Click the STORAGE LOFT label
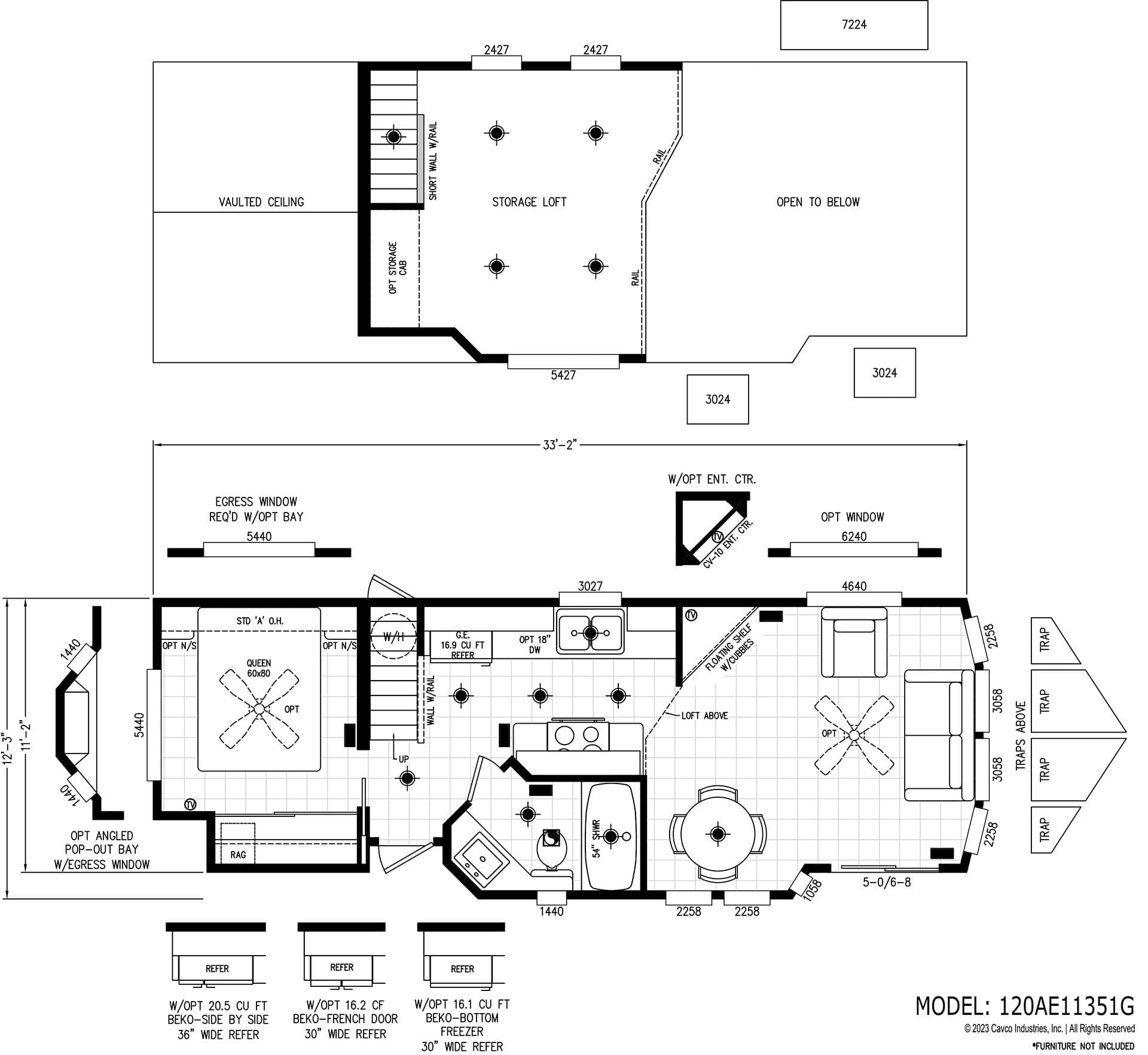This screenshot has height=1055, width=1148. coord(529,202)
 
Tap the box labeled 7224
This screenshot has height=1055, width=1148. coord(853,25)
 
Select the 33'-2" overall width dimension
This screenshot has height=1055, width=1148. coord(559,445)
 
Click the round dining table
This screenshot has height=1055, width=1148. coord(717,834)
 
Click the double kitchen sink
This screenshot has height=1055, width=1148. coord(590,633)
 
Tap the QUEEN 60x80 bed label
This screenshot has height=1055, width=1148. coord(258,668)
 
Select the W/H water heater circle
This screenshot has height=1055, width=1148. coord(394,638)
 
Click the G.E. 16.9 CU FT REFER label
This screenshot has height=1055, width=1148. coord(462,645)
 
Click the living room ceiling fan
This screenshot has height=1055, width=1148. coord(854,734)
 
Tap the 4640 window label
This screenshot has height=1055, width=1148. coord(854,586)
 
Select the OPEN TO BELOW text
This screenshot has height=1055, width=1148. coord(817,202)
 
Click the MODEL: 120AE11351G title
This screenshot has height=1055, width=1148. coord(1024,1007)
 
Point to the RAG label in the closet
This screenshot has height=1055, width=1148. coord(238,855)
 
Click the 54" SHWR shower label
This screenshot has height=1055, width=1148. coord(596,838)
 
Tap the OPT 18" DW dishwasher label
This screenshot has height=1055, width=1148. coord(535,644)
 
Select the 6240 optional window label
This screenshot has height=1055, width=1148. coord(853,536)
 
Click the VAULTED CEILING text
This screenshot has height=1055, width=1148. coord(261,202)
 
